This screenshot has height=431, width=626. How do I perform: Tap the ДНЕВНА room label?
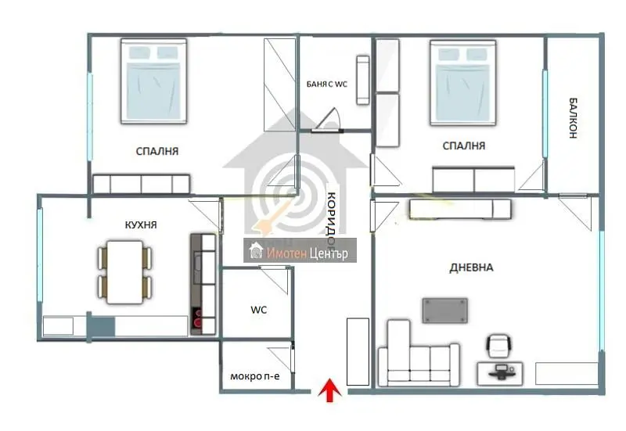[x=471, y=268]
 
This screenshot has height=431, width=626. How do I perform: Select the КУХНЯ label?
[x=141, y=224]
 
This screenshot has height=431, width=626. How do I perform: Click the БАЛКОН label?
[x=573, y=118]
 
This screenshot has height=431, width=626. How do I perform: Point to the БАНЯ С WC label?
[x=327, y=84]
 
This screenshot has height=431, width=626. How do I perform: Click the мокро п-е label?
[x=255, y=376]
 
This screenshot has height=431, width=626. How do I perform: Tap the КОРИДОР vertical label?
[x=331, y=218]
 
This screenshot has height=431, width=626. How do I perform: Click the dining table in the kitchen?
[x=125, y=271]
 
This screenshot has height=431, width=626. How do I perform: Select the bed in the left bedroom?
[x=153, y=81]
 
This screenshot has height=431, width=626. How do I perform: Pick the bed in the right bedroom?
[x=463, y=82]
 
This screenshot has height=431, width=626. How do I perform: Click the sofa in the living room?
[x=418, y=354]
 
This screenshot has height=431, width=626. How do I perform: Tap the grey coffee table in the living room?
[x=445, y=310]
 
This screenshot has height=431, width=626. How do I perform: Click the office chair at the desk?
[x=499, y=346]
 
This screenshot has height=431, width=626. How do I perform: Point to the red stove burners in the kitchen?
[x=197, y=321]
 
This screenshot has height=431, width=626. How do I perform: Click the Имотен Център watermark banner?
[x=300, y=250]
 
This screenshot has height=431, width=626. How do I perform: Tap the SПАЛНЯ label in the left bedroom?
[x=157, y=151]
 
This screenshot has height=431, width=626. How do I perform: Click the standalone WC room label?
[x=259, y=310]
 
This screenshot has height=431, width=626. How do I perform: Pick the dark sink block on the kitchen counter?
[x=102, y=325]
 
